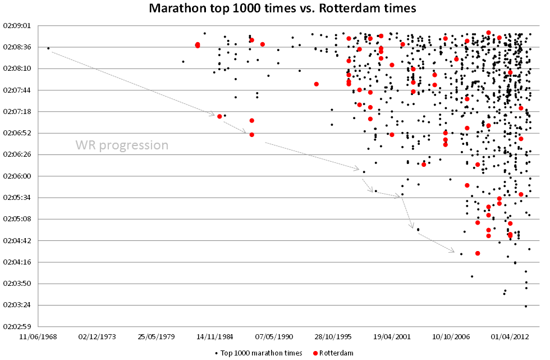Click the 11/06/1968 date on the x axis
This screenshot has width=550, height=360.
[42, 337]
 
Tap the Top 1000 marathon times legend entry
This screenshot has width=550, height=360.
[258, 353]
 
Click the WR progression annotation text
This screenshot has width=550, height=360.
[122, 145]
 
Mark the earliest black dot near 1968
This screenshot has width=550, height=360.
[48, 48]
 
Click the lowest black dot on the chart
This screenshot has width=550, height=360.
[526, 306]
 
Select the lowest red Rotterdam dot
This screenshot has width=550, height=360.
[478, 253]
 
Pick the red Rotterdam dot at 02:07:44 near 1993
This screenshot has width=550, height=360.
[317, 84]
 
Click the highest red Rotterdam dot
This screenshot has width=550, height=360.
[488, 33]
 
